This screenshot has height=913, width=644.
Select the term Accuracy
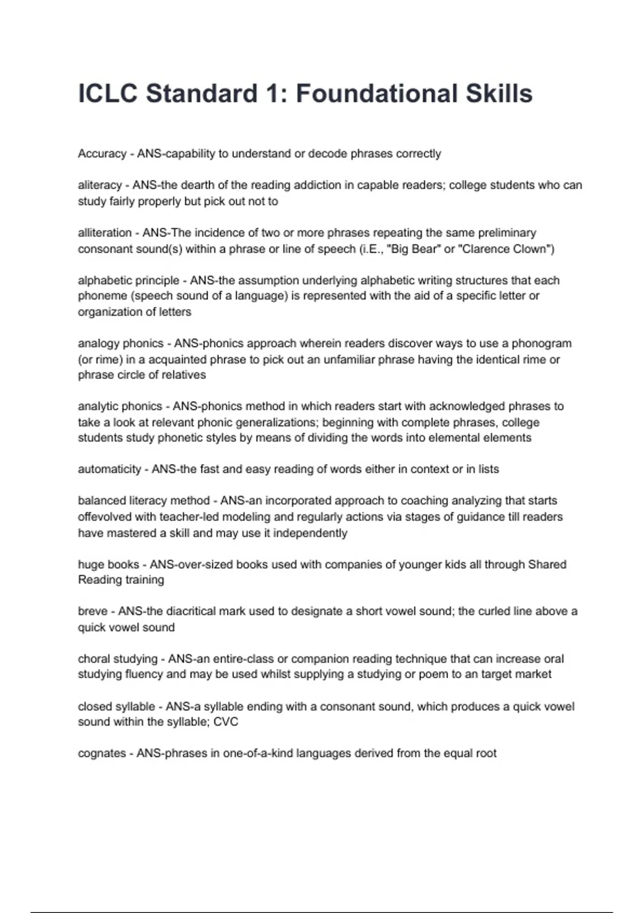tap(102, 154)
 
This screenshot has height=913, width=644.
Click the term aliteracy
tap(100, 185)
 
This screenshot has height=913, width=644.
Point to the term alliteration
tap(105, 233)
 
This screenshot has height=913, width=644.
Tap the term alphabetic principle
tap(129, 280)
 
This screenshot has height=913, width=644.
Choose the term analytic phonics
tap(120, 406)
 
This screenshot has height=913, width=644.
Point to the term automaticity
tap(109, 469)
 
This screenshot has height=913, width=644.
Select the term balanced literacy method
tap(144, 501)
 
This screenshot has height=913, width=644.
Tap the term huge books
tap(108, 564)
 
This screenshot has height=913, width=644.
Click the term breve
tap(93, 611)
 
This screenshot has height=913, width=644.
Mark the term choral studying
tap(118, 658)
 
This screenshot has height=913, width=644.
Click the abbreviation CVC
tap(225, 722)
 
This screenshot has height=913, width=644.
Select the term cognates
tap(102, 753)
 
